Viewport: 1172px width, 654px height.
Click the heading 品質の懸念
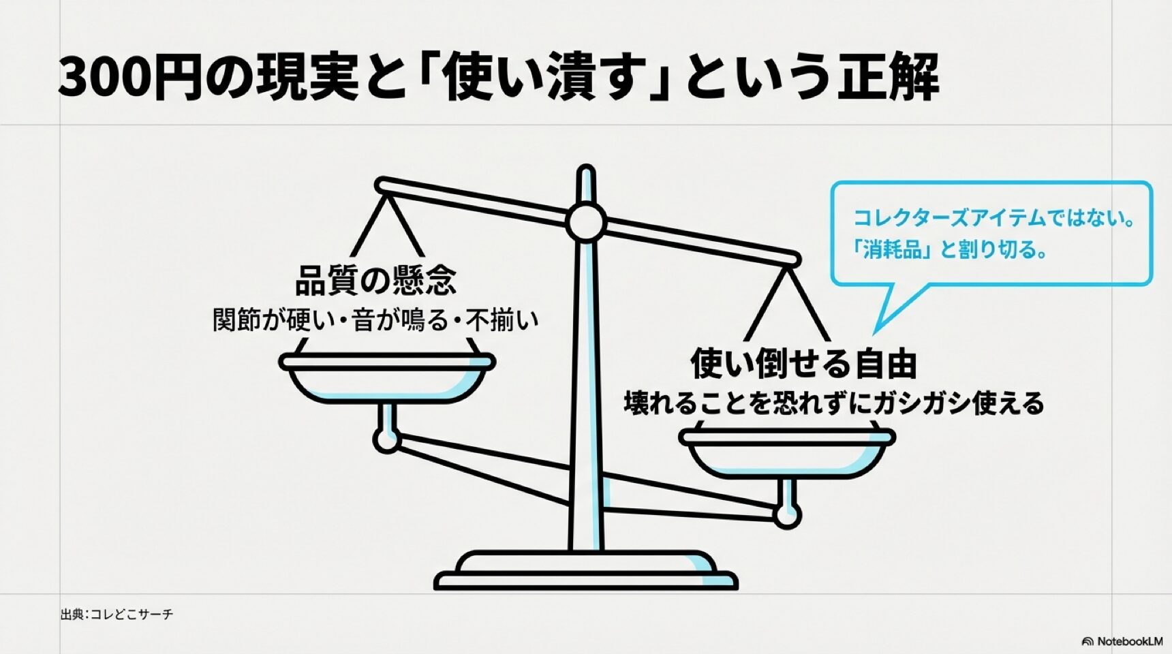click(375, 280)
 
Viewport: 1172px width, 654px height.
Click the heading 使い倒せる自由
click(803, 363)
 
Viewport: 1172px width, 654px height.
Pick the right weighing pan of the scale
click(788, 453)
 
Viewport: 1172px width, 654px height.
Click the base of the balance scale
click(586, 572)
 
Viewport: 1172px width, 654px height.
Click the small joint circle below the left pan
click(386, 440)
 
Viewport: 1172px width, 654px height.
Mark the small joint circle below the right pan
click(788, 516)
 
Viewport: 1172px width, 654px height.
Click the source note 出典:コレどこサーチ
click(117, 614)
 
